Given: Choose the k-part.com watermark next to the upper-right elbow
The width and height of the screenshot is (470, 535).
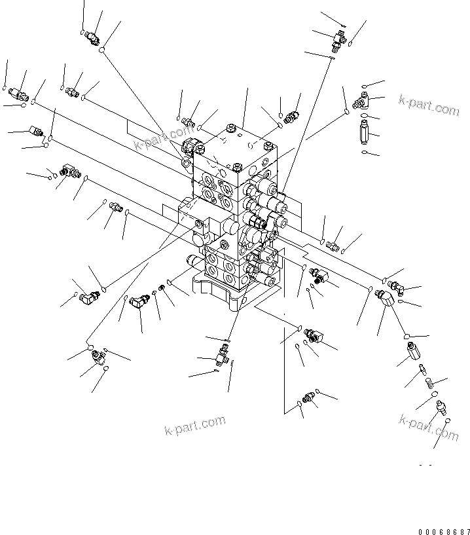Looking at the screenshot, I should (x=429, y=105).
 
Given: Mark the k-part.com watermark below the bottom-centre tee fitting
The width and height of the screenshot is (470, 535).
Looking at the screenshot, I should (x=194, y=426).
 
